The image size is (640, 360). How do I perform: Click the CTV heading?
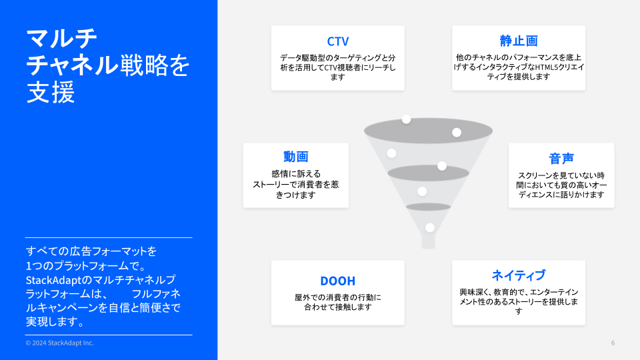point(337,41)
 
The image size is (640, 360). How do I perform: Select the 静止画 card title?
point(519,41)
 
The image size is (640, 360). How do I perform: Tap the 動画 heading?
point(296,156)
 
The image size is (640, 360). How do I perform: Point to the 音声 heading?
point(561,159)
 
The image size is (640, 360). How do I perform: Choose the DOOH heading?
point(337,281)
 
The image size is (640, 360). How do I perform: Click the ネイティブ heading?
point(519,275)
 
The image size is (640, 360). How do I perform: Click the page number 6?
point(613,343)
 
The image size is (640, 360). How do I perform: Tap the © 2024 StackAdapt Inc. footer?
point(59,343)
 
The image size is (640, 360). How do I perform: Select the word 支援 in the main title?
point(51,92)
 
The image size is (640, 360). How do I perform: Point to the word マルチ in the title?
point(61,39)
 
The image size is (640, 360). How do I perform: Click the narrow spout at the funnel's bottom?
point(428,241)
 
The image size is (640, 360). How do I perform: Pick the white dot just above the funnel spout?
point(430,228)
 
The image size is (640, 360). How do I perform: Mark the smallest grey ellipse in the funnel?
point(428,207)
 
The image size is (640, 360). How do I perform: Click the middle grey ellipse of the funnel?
point(428,173)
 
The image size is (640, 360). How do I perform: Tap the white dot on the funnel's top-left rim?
point(406,119)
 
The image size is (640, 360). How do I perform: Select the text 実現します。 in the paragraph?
point(56,321)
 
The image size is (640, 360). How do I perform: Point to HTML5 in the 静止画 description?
point(535,67)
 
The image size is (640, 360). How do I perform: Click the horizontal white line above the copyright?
point(109,335)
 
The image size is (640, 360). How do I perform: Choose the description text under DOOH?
point(337,302)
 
